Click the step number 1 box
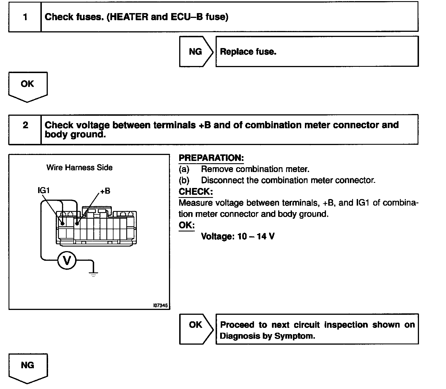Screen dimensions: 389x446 tap(25, 17)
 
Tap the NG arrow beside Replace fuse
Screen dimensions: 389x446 tap(195, 51)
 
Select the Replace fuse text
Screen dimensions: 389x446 tap(248, 52)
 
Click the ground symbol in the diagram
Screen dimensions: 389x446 tap(93, 274)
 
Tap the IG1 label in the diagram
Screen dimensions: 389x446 tap(44, 190)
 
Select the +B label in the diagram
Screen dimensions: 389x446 tap(105, 191)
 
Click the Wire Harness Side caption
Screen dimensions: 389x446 tap(79, 167)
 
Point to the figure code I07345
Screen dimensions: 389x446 tap(160, 305)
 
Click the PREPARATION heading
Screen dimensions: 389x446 tap(211, 158)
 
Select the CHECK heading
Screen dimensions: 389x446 tap(195, 192)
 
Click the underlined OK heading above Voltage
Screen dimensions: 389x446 tap(186, 225)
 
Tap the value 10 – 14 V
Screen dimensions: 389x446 tap(256, 236)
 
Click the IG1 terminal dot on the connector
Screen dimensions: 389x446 tap(62, 224)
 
